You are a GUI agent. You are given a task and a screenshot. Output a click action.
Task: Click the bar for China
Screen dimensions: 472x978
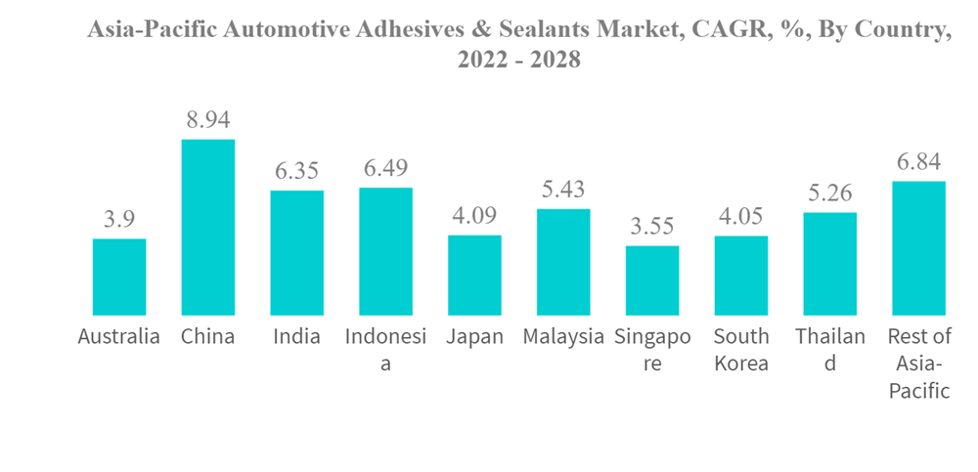(208, 227)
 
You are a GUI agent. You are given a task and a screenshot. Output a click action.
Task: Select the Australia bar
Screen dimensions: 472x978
(119, 277)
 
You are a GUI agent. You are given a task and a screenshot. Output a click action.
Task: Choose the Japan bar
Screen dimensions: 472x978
(474, 275)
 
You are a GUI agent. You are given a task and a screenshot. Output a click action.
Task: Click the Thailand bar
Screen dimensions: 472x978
(829, 263)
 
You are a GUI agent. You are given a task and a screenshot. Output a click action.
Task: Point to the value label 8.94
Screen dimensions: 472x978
(208, 121)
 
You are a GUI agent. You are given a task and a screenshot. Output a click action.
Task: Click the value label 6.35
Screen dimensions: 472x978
(296, 172)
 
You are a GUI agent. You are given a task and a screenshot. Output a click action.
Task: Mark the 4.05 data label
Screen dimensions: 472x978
(740, 217)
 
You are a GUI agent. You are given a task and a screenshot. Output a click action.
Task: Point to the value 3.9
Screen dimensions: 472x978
(119, 220)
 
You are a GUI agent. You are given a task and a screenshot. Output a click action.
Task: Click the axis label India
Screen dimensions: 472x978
(296, 337)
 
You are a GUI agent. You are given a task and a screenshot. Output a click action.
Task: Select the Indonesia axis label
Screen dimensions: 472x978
(385, 350)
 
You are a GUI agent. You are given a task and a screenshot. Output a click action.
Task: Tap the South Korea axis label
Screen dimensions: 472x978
(740, 350)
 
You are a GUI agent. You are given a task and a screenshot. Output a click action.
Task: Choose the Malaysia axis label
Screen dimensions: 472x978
(563, 337)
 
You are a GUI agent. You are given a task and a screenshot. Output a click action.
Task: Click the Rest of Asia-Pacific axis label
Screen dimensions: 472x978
(918, 364)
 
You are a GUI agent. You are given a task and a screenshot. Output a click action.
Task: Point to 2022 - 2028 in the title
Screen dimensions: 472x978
(519, 60)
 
